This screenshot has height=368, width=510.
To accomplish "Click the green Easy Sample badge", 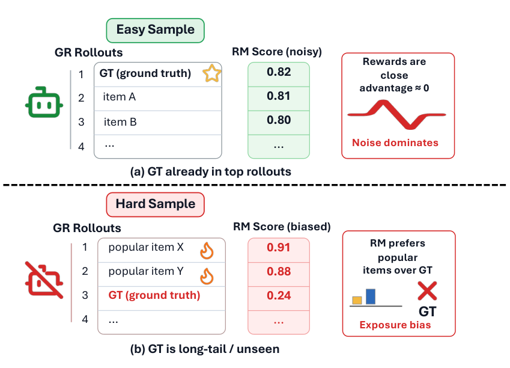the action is [155, 30].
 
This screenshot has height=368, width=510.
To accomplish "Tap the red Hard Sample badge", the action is [155, 204].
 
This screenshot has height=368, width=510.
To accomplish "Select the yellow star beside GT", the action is [211, 73].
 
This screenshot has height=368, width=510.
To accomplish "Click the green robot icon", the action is [44, 102].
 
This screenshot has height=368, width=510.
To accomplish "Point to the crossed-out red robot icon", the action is [44, 280].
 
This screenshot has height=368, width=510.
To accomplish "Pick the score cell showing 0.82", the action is [279, 74].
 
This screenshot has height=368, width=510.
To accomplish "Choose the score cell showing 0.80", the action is [279, 123].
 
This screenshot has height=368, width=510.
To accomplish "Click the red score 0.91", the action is [278, 248].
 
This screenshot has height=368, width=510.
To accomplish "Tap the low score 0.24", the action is [279, 295].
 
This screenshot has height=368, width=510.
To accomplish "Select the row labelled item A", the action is [158, 99].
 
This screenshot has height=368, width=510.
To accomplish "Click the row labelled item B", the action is [158, 123].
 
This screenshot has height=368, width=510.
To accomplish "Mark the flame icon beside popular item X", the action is [207, 251].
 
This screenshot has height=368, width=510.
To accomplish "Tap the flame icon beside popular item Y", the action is [207, 277].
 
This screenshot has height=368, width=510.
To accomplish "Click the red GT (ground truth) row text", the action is [154, 295].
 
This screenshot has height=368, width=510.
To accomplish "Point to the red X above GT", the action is [427, 291].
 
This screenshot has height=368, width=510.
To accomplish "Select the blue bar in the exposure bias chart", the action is [371, 296].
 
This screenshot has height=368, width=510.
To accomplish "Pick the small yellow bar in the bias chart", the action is [357, 300].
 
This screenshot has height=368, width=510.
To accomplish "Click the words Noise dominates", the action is [395, 143].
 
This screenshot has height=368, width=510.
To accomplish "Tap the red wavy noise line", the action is [397, 115].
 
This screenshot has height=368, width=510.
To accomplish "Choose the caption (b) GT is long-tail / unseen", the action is [205, 349].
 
